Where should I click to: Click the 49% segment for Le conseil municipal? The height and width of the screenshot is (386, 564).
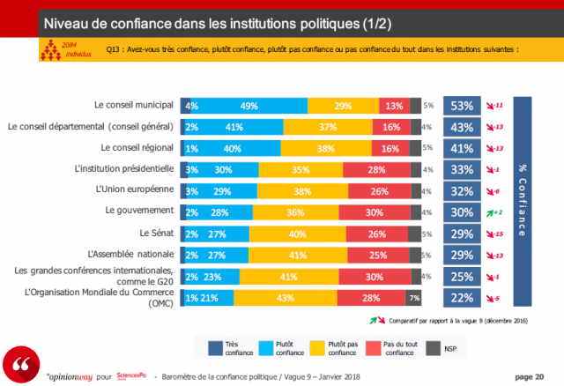coord(249,106)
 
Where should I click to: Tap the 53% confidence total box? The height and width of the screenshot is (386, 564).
coord(461,106)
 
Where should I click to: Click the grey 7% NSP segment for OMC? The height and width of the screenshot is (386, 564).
coord(413,298)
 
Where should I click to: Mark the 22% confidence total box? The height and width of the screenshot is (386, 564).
coord(461,298)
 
